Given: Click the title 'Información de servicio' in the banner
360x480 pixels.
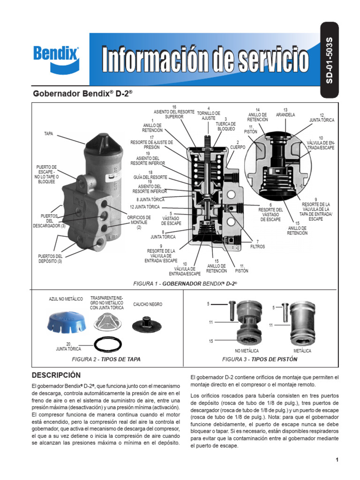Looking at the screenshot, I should [206, 60].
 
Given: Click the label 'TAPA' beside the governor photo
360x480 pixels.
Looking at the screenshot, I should [49, 134].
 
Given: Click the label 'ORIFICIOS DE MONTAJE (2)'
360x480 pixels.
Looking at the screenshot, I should [139, 222].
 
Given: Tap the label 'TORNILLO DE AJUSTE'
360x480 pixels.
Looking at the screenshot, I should [209, 113].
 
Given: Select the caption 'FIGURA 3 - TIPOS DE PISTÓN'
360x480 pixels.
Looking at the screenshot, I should [260, 360].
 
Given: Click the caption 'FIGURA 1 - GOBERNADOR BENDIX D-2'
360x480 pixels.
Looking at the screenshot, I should [186, 284].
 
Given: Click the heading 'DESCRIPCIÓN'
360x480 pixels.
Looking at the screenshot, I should [56, 375].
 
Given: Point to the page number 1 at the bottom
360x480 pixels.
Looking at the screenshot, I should [337, 460].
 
